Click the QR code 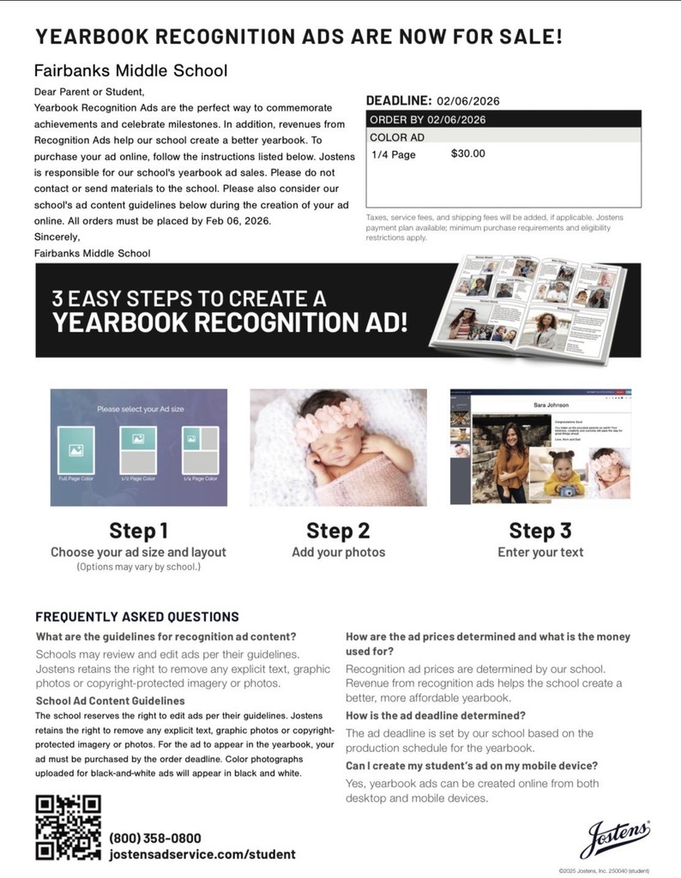click(68, 827)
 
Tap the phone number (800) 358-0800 click(155, 838)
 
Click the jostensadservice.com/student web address click(202, 854)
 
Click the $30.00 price click(467, 154)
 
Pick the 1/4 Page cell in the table click(393, 154)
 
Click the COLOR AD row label click(397, 137)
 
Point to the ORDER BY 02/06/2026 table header click(427, 119)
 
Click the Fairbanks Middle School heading click(130, 70)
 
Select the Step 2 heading click(338, 531)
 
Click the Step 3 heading click(539, 531)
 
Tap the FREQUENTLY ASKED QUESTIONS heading click(137, 616)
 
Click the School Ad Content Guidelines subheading click(111, 701)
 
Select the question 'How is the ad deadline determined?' click(435, 715)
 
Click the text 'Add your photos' click(338, 552)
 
